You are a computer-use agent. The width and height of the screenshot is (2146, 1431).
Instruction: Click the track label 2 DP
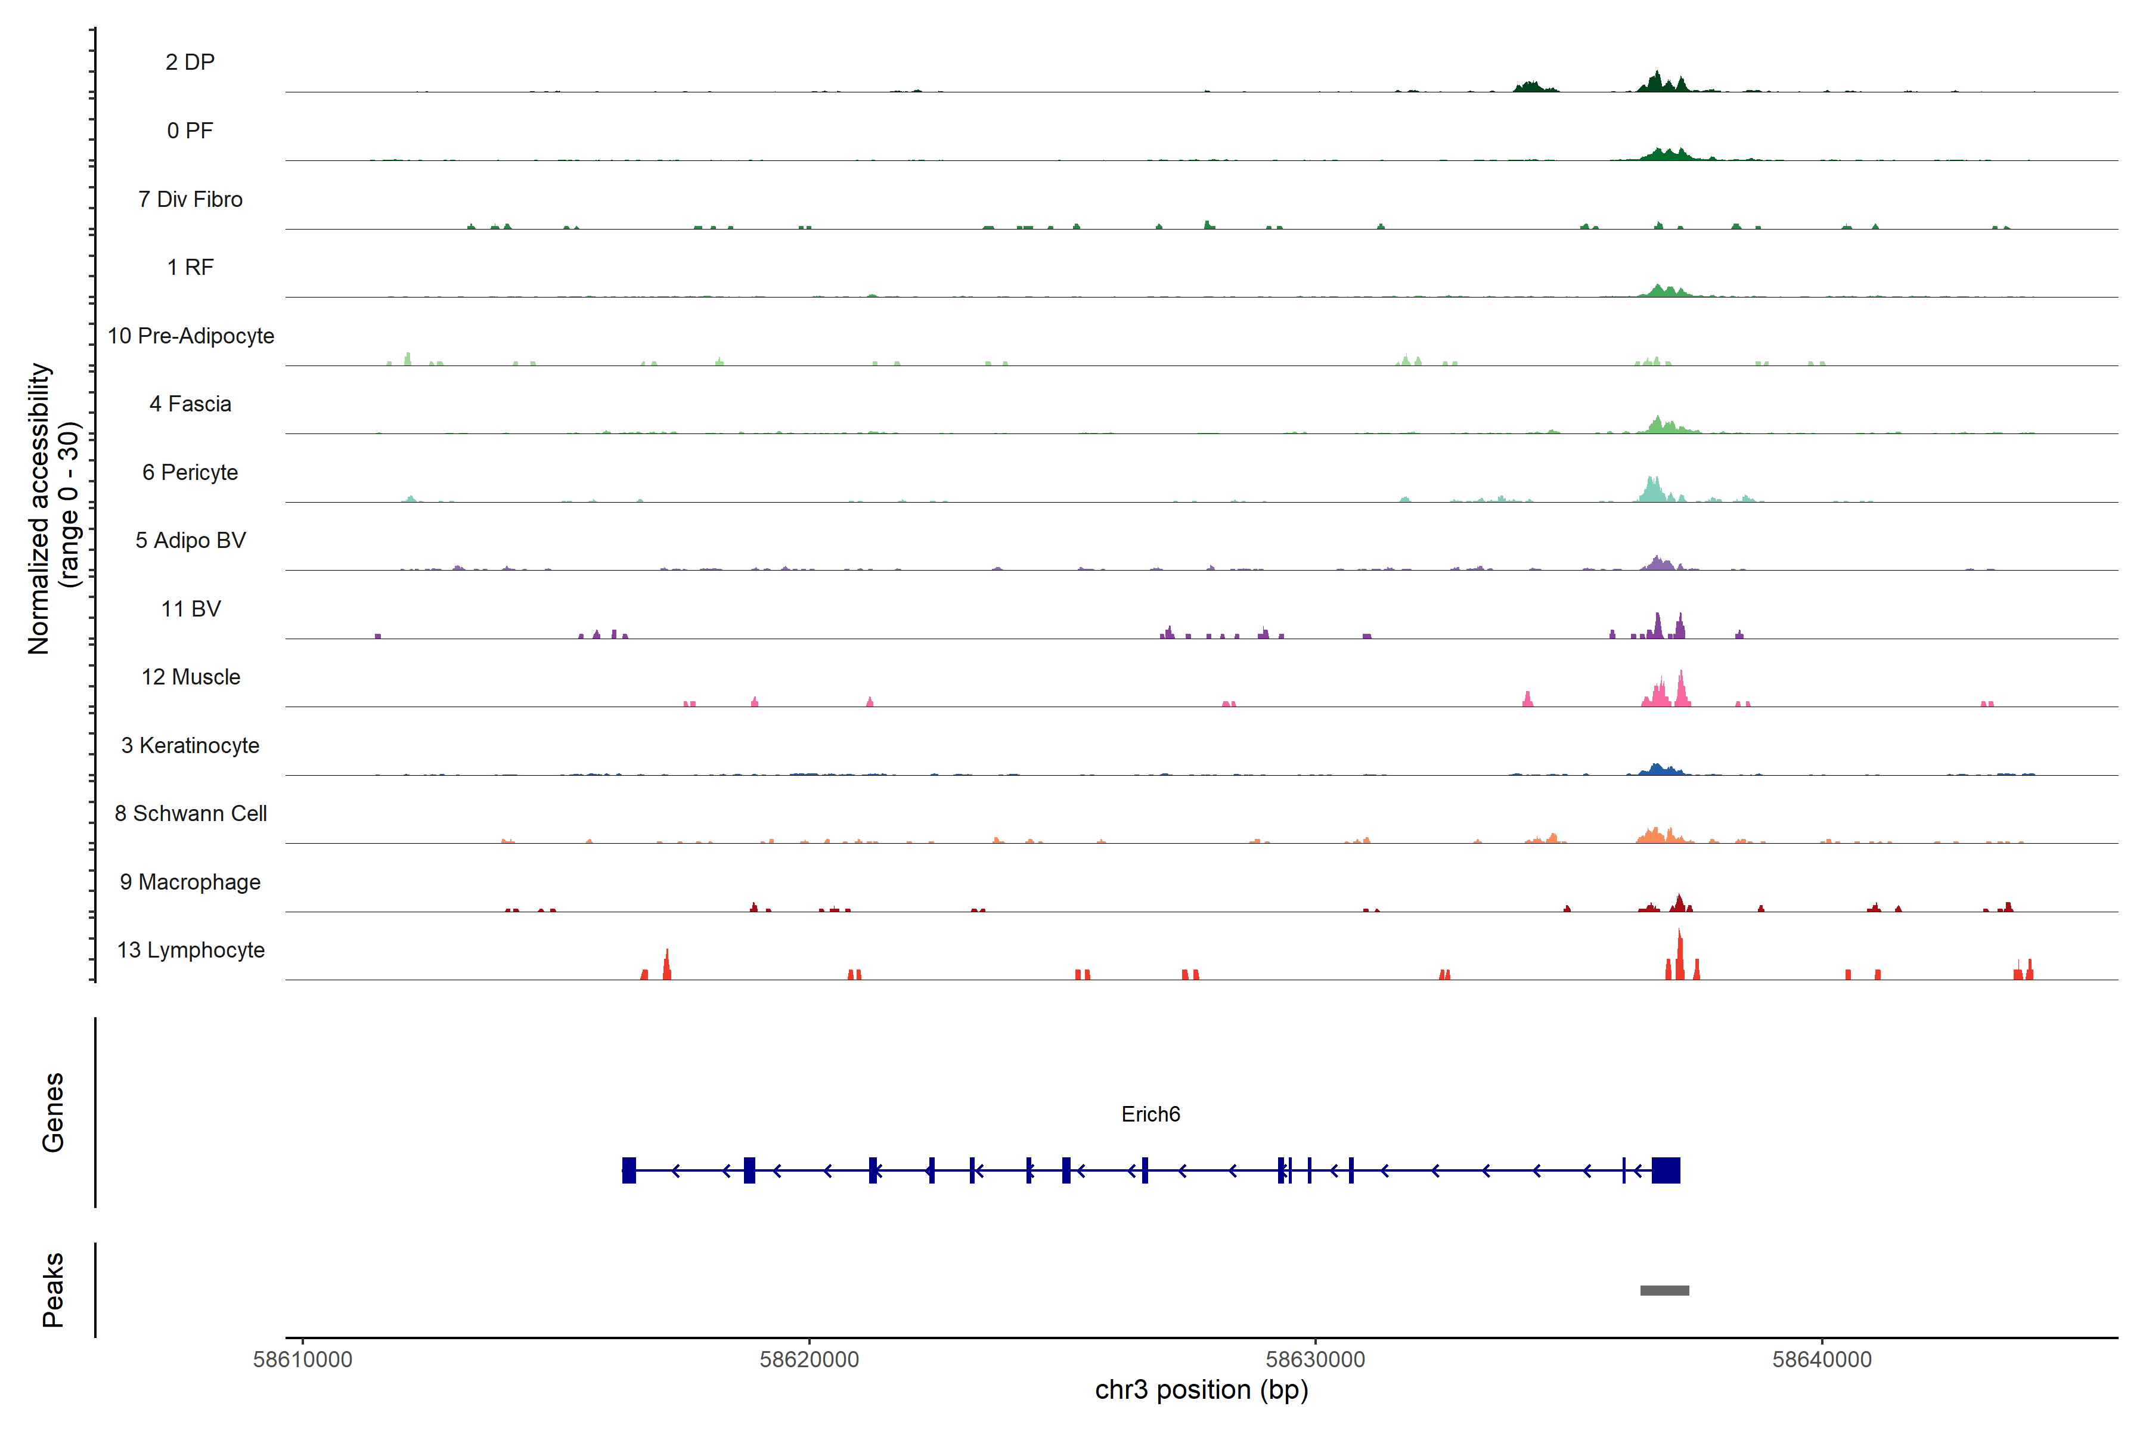(190, 62)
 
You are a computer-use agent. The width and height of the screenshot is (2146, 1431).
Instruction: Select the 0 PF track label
(190, 131)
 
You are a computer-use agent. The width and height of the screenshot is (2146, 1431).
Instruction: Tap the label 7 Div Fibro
(190, 199)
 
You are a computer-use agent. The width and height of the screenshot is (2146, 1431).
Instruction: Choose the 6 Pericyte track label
(190, 472)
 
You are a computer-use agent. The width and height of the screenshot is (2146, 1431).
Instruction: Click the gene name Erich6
(1150, 1114)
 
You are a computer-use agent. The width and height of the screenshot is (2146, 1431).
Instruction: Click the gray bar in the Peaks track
(1664, 1290)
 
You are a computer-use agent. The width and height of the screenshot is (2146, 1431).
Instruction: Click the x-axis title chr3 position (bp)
(1201, 1390)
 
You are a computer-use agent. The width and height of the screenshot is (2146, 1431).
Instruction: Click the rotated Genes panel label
(53, 1113)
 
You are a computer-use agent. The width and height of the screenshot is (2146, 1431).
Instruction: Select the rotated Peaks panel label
(53, 1290)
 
